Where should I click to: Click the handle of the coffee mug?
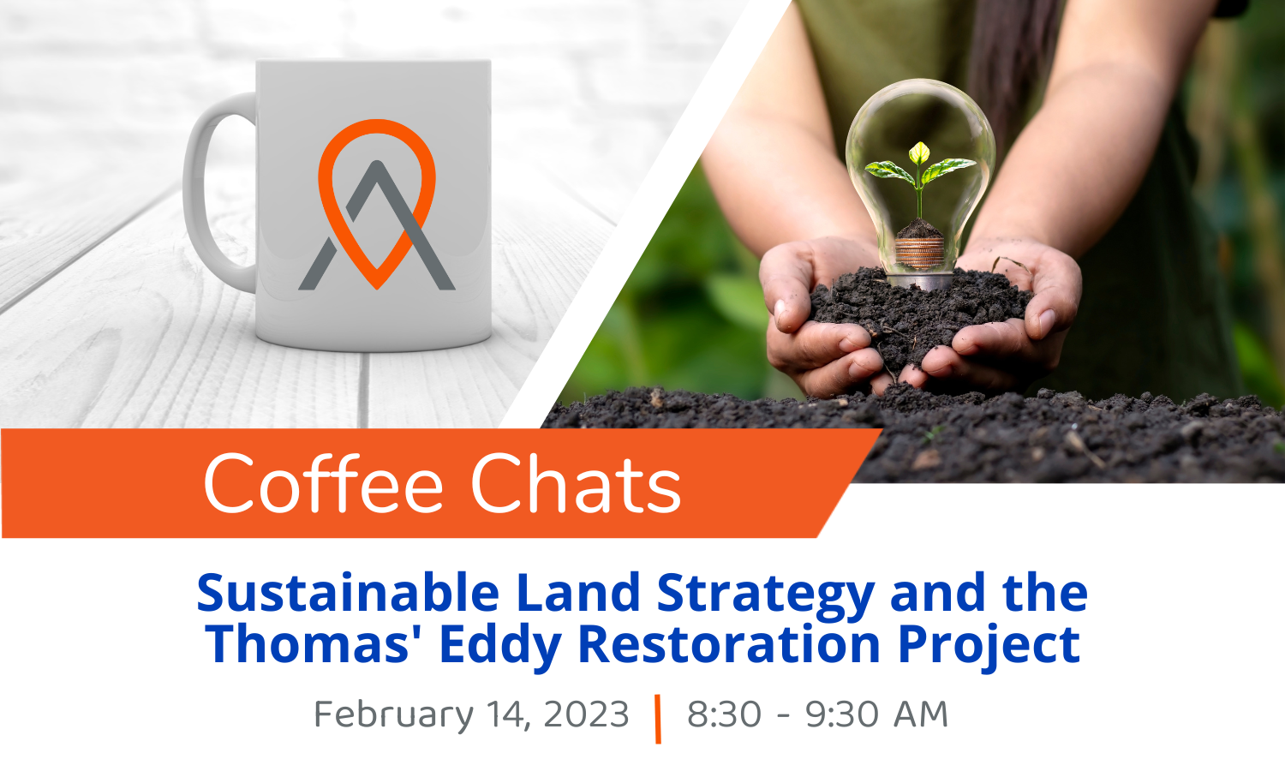tap(195, 189)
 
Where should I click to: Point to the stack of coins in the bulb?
tap(919, 253)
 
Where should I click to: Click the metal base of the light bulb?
tap(920, 281)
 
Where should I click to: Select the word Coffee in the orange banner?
tap(324, 484)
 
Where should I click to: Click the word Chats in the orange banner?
tap(576, 484)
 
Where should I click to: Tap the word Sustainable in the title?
tap(348, 592)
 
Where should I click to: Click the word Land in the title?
tap(578, 592)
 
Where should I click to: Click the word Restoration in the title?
tap(729, 643)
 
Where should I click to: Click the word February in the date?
tap(394, 715)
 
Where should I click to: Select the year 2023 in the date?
tap(586, 714)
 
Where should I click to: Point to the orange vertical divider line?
tap(658, 719)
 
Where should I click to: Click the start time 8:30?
tap(724, 714)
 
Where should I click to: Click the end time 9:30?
tap(841, 714)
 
